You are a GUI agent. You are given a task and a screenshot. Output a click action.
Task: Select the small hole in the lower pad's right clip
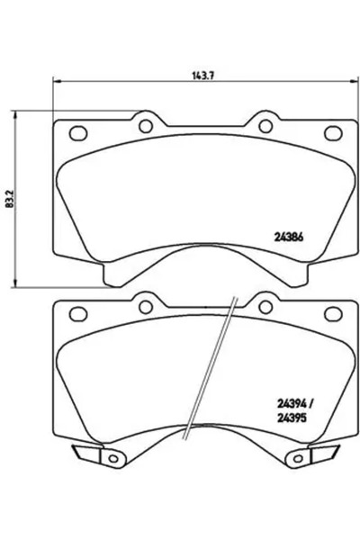tap(296, 460)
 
